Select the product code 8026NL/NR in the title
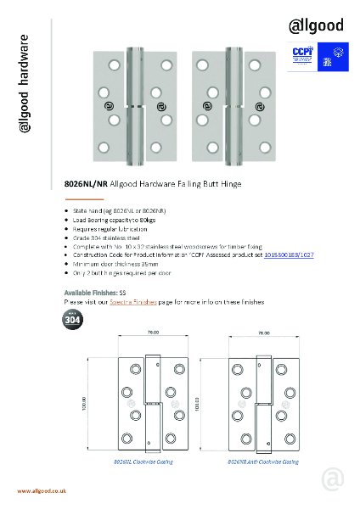coord(84,183)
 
